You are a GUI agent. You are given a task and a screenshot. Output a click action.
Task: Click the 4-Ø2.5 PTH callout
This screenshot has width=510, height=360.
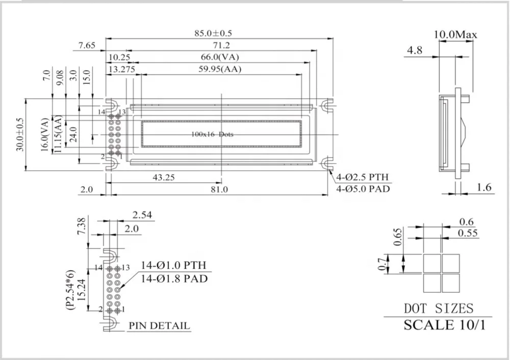click(362, 177)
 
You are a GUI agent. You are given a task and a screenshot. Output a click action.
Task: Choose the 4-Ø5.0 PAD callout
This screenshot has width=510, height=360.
click(362, 189)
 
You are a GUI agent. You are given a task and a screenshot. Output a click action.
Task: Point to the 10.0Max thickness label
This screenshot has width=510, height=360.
click(455, 35)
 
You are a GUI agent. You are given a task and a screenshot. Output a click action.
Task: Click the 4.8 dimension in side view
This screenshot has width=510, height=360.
click(415, 50)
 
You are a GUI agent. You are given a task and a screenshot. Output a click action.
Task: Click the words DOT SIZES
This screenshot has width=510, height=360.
click(439, 308)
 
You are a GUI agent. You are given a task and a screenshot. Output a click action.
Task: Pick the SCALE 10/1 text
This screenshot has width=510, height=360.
click(444, 325)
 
